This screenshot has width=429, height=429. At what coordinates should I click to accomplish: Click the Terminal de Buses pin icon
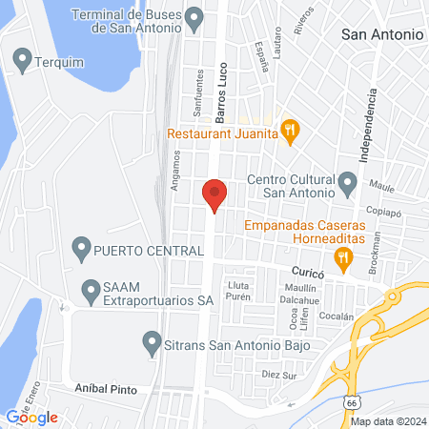[x=195, y=18]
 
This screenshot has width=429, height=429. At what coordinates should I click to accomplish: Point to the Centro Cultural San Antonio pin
[x=348, y=181]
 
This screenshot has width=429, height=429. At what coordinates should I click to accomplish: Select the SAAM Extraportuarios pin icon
[x=92, y=287]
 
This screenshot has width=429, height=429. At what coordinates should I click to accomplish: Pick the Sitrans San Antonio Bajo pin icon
[x=151, y=341]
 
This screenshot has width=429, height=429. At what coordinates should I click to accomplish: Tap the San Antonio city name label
[x=381, y=33]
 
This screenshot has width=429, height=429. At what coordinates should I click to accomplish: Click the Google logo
[x=31, y=417]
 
